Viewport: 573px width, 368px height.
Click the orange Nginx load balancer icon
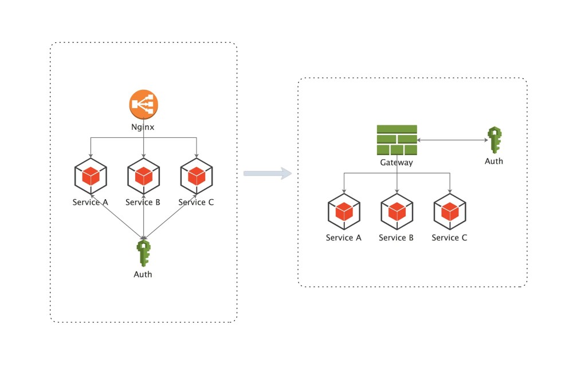[143, 105]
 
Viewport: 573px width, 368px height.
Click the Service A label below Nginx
[91, 202]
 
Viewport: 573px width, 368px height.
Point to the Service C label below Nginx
[196, 202]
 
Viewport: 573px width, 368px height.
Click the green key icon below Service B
[143, 253]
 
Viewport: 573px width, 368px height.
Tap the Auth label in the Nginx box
[143, 274]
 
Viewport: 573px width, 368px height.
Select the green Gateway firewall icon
[397, 140]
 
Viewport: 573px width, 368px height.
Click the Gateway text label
[397, 163]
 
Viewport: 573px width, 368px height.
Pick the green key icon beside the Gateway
[494, 140]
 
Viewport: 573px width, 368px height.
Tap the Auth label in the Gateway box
[494, 161]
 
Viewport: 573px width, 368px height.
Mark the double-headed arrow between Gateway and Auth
[452, 140]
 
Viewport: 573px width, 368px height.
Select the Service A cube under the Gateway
[344, 212]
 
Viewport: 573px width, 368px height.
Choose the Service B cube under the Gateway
[397, 212]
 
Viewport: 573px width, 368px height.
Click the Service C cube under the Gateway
[450, 212]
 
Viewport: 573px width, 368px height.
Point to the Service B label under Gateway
[397, 238]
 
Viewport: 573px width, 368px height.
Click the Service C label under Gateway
[449, 238]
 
